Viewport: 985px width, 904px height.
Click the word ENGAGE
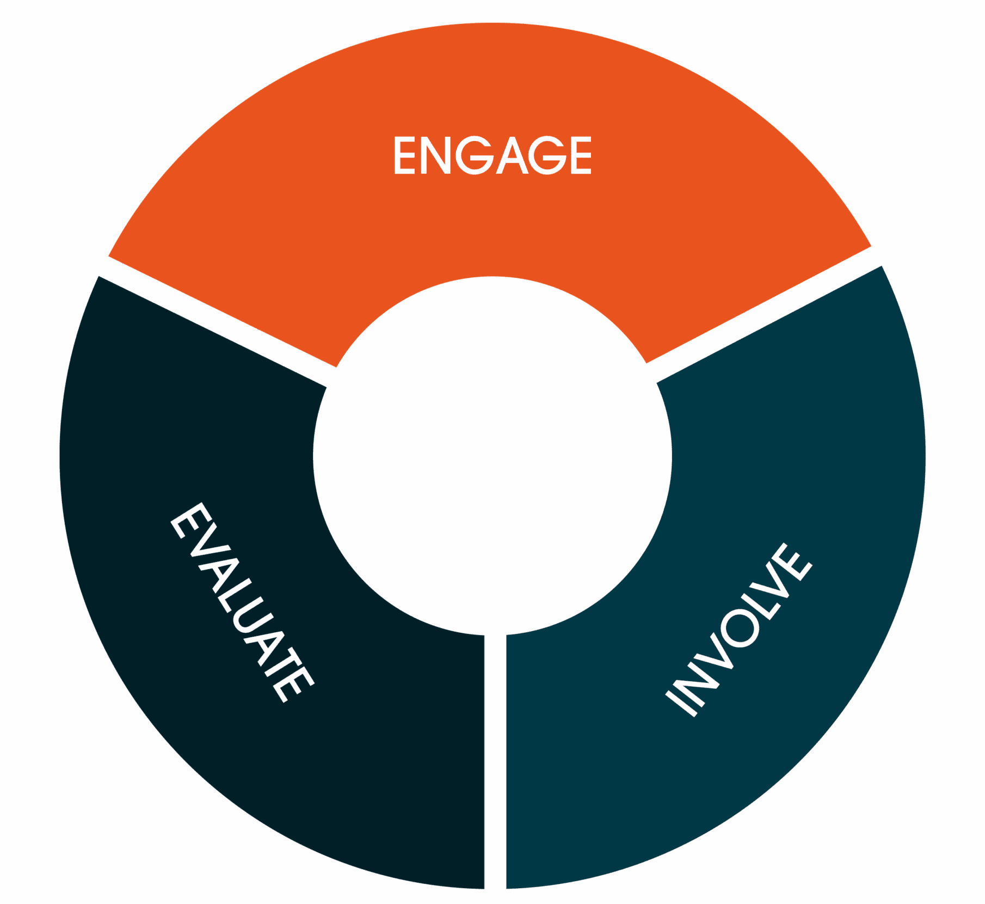pyautogui.click(x=492, y=156)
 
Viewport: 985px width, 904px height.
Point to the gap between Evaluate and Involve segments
pyautogui.click(x=495, y=762)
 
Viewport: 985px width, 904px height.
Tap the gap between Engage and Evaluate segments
pyautogui.click(x=218, y=321)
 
